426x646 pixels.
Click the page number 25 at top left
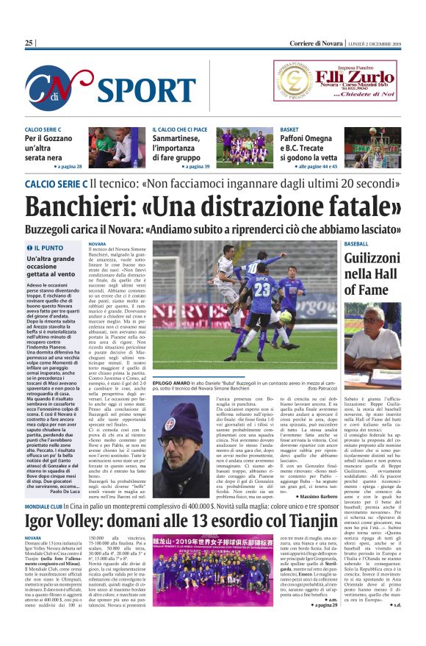[29, 43]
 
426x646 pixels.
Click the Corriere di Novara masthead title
[213, 43]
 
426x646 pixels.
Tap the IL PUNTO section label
[47, 248]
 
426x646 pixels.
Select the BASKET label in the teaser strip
[289, 129]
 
